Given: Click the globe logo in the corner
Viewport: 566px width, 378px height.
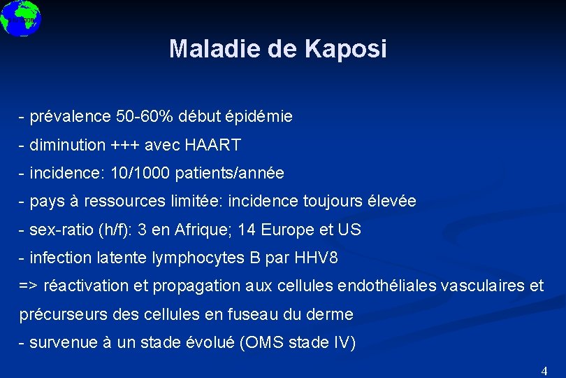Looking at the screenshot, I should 20,17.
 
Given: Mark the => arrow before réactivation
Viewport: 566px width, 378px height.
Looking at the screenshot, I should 29,286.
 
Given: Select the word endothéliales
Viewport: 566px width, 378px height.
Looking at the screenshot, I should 393,286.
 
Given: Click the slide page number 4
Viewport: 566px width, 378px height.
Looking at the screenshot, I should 544,370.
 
